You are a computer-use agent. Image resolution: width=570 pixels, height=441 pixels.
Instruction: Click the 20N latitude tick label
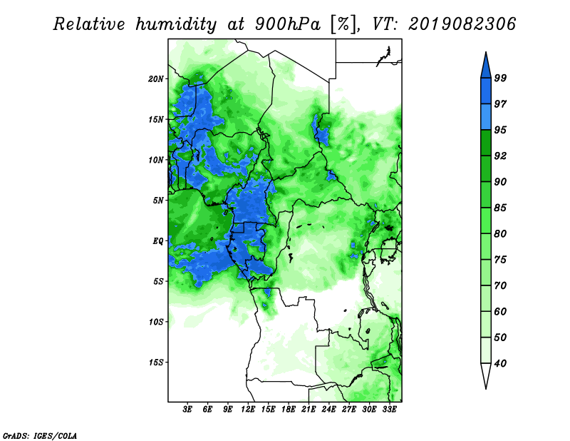[x=156, y=79]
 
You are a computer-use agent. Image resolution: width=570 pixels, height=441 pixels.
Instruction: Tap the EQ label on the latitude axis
[x=158, y=241]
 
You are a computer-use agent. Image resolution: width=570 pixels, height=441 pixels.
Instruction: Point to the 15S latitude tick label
[x=156, y=363]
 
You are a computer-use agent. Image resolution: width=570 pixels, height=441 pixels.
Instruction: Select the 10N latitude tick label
[x=156, y=160]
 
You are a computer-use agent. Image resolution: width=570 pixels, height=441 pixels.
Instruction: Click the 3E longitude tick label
[x=187, y=410]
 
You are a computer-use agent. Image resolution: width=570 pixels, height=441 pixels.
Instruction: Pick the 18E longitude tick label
[x=289, y=410]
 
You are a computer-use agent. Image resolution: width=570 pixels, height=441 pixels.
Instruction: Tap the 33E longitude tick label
[x=389, y=410]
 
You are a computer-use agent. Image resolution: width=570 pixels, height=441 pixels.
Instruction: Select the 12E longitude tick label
[x=248, y=410]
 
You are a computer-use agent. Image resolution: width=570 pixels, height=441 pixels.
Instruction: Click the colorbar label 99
[x=500, y=78]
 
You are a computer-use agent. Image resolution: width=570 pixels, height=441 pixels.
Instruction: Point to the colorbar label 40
[x=500, y=363]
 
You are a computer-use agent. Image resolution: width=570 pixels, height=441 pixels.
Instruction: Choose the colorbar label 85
[x=500, y=208]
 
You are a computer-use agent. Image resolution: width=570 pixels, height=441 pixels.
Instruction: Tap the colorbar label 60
[x=500, y=311]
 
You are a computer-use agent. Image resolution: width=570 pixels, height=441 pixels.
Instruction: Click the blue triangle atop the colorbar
[x=486, y=67]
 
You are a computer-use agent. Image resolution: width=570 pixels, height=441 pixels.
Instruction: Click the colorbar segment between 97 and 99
[x=486, y=91]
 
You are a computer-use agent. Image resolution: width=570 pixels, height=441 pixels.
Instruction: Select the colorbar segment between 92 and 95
[x=486, y=143]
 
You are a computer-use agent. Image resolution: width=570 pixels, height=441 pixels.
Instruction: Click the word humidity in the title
[x=176, y=24]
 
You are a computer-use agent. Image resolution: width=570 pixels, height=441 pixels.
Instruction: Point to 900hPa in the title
[x=288, y=24]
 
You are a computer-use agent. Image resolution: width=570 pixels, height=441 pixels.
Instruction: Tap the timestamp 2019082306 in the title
[x=462, y=24]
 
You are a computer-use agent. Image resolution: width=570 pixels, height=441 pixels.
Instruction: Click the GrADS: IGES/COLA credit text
[x=40, y=435]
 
